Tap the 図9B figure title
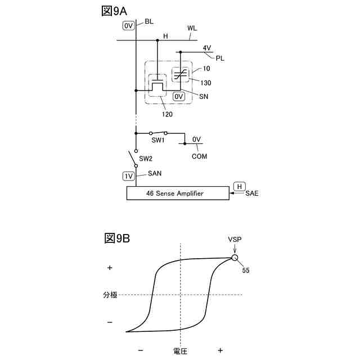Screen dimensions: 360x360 coord(117,238)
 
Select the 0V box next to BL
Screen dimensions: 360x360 coord(128,25)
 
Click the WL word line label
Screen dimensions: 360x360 coord(192,28)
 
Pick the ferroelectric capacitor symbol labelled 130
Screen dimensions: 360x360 coord(181,73)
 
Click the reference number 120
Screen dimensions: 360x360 coord(166,114)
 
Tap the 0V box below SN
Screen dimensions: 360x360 coord(179,97)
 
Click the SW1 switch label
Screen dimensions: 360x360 coord(157,140)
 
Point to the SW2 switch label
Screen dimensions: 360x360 coord(146,159)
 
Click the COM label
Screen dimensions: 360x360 coord(199,156)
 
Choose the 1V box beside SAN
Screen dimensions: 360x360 coord(129,175)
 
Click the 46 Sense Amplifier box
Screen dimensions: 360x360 coord(178,193)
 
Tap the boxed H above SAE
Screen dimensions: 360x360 coord(239,186)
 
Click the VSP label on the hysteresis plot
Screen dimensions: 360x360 coord(235,240)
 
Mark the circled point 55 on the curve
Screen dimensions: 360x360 coord(235,258)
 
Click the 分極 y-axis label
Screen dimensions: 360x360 coord(110,294)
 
